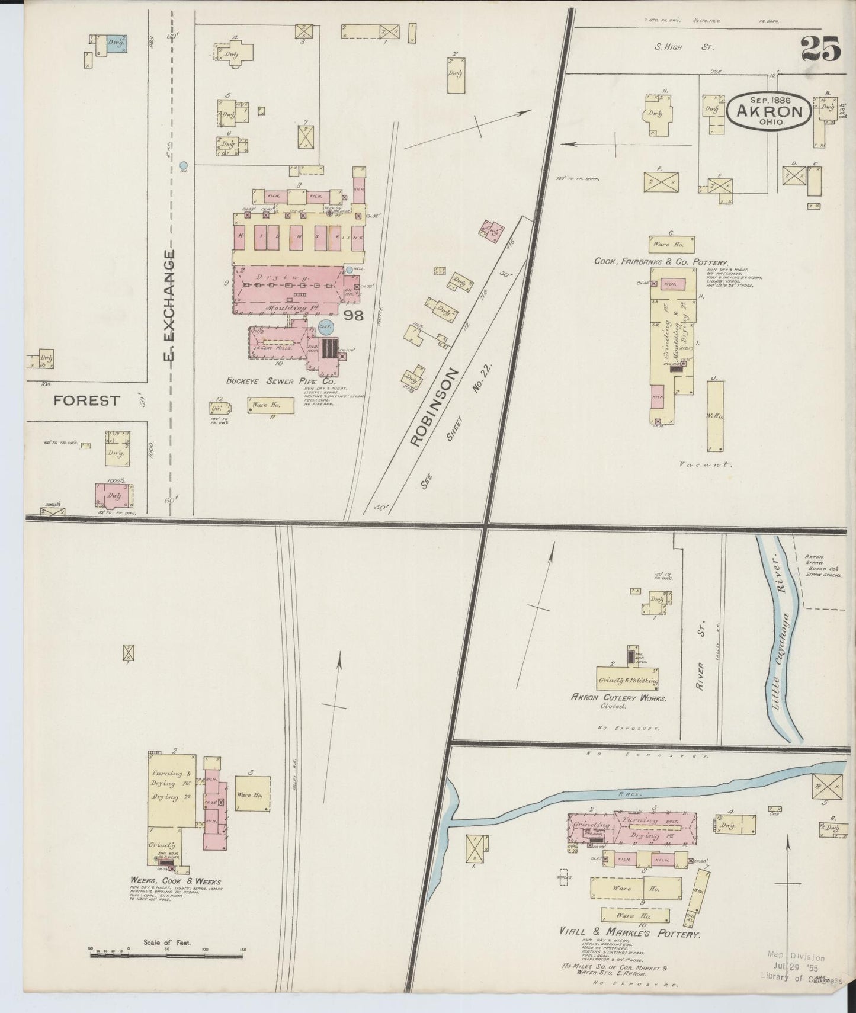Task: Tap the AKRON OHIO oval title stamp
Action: pos(769,110)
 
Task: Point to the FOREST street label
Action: pos(86,401)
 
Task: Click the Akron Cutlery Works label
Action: pos(618,698)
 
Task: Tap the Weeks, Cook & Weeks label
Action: pos(175,881)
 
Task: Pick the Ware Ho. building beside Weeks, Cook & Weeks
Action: pos(253,794)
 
